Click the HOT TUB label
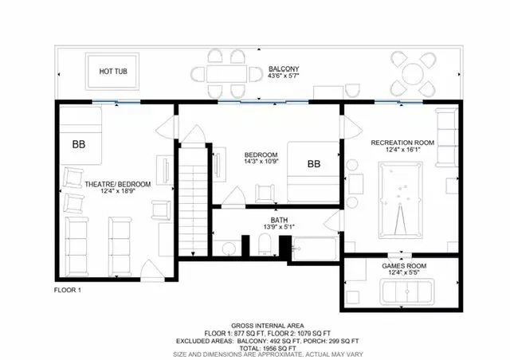[x=113, y=71]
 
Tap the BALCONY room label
[x=284, y=69]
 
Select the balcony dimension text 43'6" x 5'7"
[x=284, y=76]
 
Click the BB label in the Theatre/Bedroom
[x=79, y=144]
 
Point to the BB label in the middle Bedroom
[x=314, y=164]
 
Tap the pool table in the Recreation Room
[x=401, y=200]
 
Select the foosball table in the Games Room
[x=407, y=292]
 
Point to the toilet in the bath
[x=265, y=245]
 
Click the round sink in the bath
[x=229, y=248]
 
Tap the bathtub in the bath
[x=315, y=248]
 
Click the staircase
[x=193, y=202]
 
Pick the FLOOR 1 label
[x=67, y=290]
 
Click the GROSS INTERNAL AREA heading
[x=268, y=326]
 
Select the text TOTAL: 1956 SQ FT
[x=268, y=348]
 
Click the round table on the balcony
[x=413, y=74]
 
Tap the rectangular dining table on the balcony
[x=226, y=74]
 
